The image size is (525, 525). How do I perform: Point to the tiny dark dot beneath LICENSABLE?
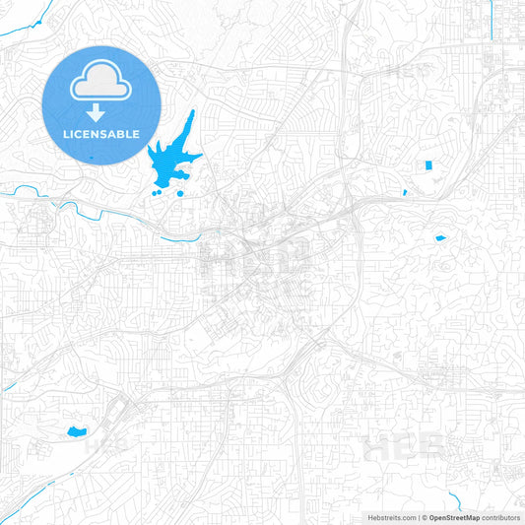[91, 157]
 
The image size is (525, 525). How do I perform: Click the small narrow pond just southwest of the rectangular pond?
[405, 192]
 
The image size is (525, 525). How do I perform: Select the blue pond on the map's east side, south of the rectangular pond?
[440, 237]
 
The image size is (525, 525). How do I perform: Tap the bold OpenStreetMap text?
[454, 517]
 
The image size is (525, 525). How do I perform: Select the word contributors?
[501, 517]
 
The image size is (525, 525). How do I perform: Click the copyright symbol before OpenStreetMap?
[424, 517]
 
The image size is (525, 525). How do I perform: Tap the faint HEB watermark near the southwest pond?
[105, 443]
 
